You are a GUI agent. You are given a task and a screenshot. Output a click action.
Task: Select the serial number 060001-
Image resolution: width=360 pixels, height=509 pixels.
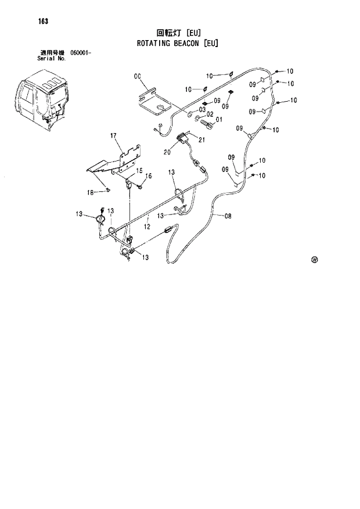(81, 53)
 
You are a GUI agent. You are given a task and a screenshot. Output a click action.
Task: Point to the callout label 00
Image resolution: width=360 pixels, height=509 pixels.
(138, 76)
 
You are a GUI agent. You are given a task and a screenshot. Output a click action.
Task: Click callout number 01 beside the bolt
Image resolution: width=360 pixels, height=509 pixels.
(219, 120)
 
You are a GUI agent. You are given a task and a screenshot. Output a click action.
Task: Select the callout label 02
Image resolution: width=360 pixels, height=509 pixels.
(210, 114)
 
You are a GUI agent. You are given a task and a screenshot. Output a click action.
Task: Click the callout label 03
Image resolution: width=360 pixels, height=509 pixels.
(203, 109)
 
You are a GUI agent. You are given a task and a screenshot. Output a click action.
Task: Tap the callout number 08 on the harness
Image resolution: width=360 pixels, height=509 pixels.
(228, 217)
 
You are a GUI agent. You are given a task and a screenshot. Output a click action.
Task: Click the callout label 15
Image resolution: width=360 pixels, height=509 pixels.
(139, 171)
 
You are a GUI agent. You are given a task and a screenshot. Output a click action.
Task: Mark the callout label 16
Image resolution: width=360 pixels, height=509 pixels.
(149, 176)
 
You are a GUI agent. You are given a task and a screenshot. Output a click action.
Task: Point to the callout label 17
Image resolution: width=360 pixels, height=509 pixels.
(114, 135)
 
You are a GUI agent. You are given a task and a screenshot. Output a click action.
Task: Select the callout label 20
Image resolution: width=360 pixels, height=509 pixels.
(167, 152)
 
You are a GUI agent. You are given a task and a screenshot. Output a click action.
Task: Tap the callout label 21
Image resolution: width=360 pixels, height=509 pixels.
(202, 139)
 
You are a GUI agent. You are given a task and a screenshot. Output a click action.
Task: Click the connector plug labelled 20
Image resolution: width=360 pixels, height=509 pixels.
(182, 139)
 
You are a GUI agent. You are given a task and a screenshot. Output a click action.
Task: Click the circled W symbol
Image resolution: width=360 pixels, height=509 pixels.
(315, 260)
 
